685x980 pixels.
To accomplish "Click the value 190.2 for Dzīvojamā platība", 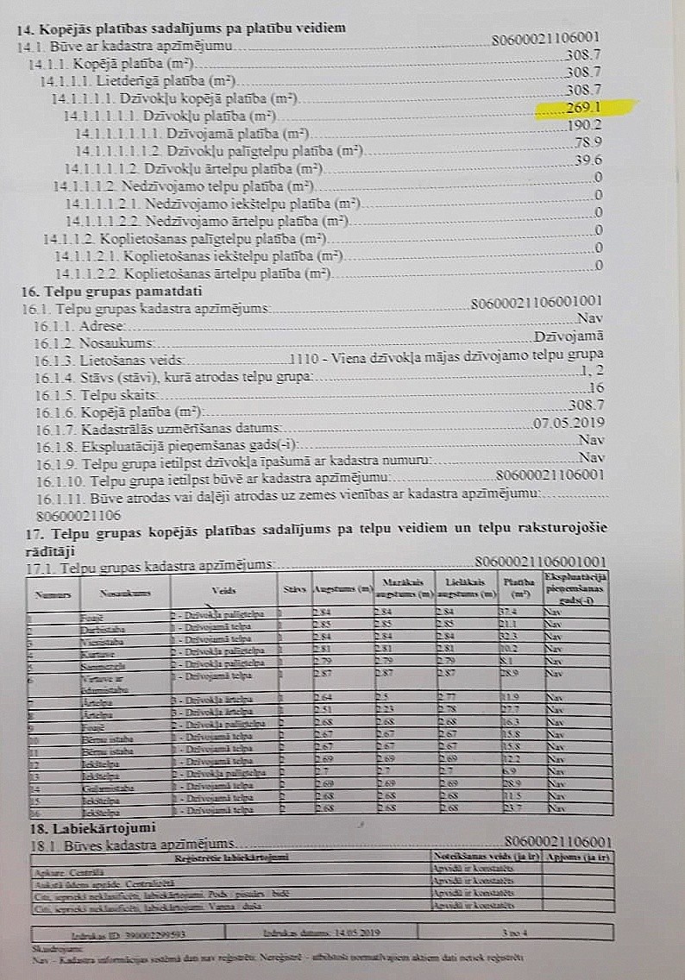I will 584,126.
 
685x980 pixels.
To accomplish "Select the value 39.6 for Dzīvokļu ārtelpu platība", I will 588,160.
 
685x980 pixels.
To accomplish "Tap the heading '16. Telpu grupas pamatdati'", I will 100,292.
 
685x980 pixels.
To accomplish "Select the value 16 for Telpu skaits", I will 595,388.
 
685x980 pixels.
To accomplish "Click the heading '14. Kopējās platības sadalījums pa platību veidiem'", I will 181,28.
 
